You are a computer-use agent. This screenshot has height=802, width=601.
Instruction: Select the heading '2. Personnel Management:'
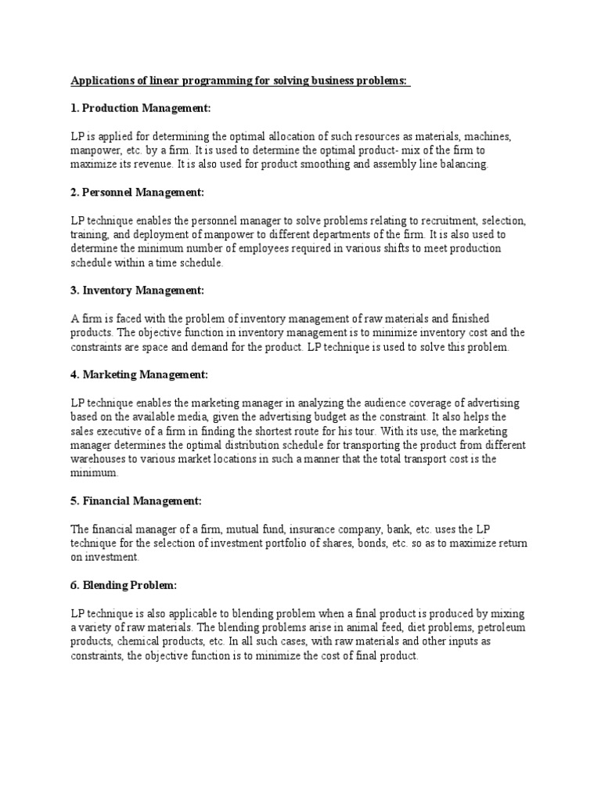137,192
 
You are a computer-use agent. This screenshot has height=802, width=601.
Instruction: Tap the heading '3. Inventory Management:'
137,291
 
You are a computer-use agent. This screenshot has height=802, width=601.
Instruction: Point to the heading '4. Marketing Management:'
139,375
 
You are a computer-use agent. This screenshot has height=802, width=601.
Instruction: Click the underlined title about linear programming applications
240,79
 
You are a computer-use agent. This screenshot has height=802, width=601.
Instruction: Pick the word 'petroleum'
496,629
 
